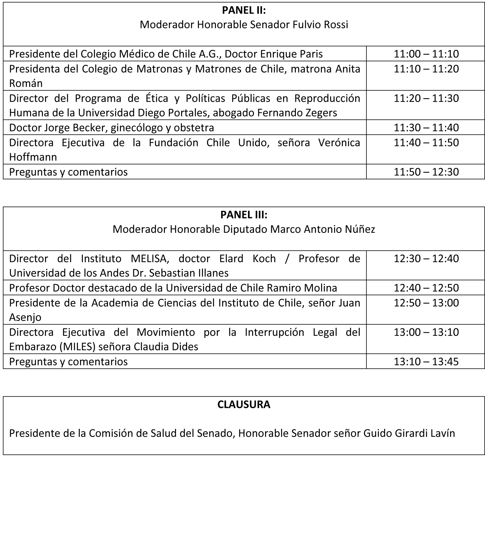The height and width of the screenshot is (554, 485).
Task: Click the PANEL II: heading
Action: click(x=244, y=10)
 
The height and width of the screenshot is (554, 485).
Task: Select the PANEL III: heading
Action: click(x=244, y=215)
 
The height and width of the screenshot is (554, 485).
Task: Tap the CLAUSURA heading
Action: click(x=244, y=404)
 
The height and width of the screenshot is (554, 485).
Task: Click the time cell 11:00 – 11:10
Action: click(x=426, y=54)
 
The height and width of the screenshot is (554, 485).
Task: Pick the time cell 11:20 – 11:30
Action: click(x=426, y=98)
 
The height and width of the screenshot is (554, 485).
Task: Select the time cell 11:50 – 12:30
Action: click(x=426, y=172)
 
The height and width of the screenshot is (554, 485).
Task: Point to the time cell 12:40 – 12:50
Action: click(x=426, y=288)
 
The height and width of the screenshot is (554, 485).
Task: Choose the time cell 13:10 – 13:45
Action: click(x=426, y=362)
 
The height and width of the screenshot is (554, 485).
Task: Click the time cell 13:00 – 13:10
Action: click(x=426, y=332)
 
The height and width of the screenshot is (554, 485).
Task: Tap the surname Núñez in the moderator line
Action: click(x=360, y=229)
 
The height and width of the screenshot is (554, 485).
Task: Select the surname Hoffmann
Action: click(x=33, y=157)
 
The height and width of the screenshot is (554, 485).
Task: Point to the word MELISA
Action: click(x=150, y=258)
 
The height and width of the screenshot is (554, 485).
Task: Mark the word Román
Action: click(x=26, y=83)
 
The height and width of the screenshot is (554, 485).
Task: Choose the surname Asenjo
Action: click(x=25, y=317)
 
